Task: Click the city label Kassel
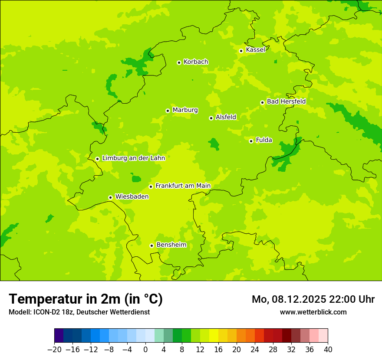point(255,50)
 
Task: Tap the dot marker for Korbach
point(179,62)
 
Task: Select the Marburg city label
point(185,110)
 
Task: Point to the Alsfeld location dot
point(211,118)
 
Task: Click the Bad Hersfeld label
point(286,101)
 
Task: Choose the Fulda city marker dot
point(251,141)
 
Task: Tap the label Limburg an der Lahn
point(133,158)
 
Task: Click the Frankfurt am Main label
point(183,186)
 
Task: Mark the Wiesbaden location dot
point(111,197)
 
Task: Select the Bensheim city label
point(171,245)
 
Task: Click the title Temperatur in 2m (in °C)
point(86,299)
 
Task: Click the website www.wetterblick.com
point(313,312)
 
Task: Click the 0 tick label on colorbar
point(145,350)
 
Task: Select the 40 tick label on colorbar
point(328,350)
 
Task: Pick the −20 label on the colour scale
point(54,350)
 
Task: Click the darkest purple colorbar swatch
point(59,336)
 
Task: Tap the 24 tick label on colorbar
point(255,350)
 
